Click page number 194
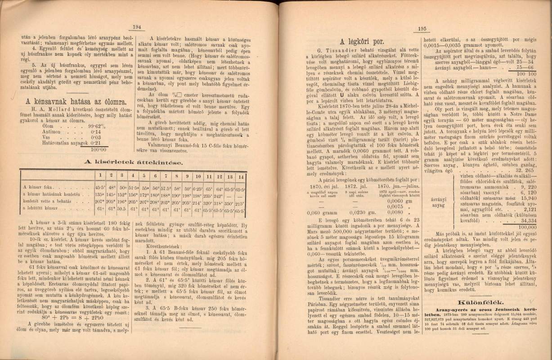tap(137, 27)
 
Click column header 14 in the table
tap(242, 175)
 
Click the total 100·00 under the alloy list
tap(98, 149)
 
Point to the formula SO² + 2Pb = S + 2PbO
tap(72, 315)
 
